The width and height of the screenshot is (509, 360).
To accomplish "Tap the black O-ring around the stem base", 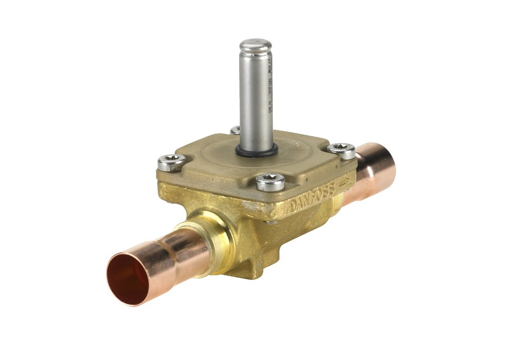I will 256,151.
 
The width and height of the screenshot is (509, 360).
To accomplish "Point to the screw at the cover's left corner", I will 171,162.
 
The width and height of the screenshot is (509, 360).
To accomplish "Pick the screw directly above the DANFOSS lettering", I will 270,181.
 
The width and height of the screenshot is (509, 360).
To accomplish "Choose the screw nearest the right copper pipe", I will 341,150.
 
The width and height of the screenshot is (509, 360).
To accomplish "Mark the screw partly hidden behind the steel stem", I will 235,130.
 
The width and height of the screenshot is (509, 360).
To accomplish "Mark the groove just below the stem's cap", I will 255,55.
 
